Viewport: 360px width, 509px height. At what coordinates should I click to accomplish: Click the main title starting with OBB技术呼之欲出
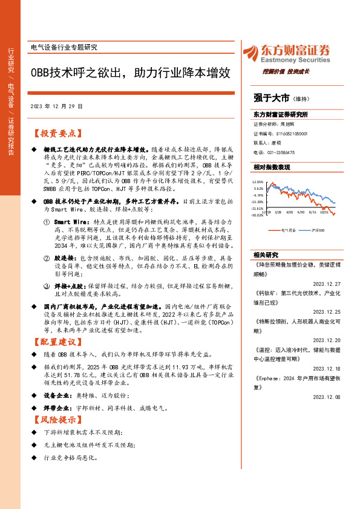coord(130,73)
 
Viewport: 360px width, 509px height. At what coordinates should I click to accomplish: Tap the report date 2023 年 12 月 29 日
coord(56,106)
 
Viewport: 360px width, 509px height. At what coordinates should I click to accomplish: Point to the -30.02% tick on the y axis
coord(258,214)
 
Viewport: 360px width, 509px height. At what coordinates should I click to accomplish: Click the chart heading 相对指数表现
coord(272,167)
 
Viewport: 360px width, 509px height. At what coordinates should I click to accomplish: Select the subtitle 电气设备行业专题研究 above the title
coord(64,48)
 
